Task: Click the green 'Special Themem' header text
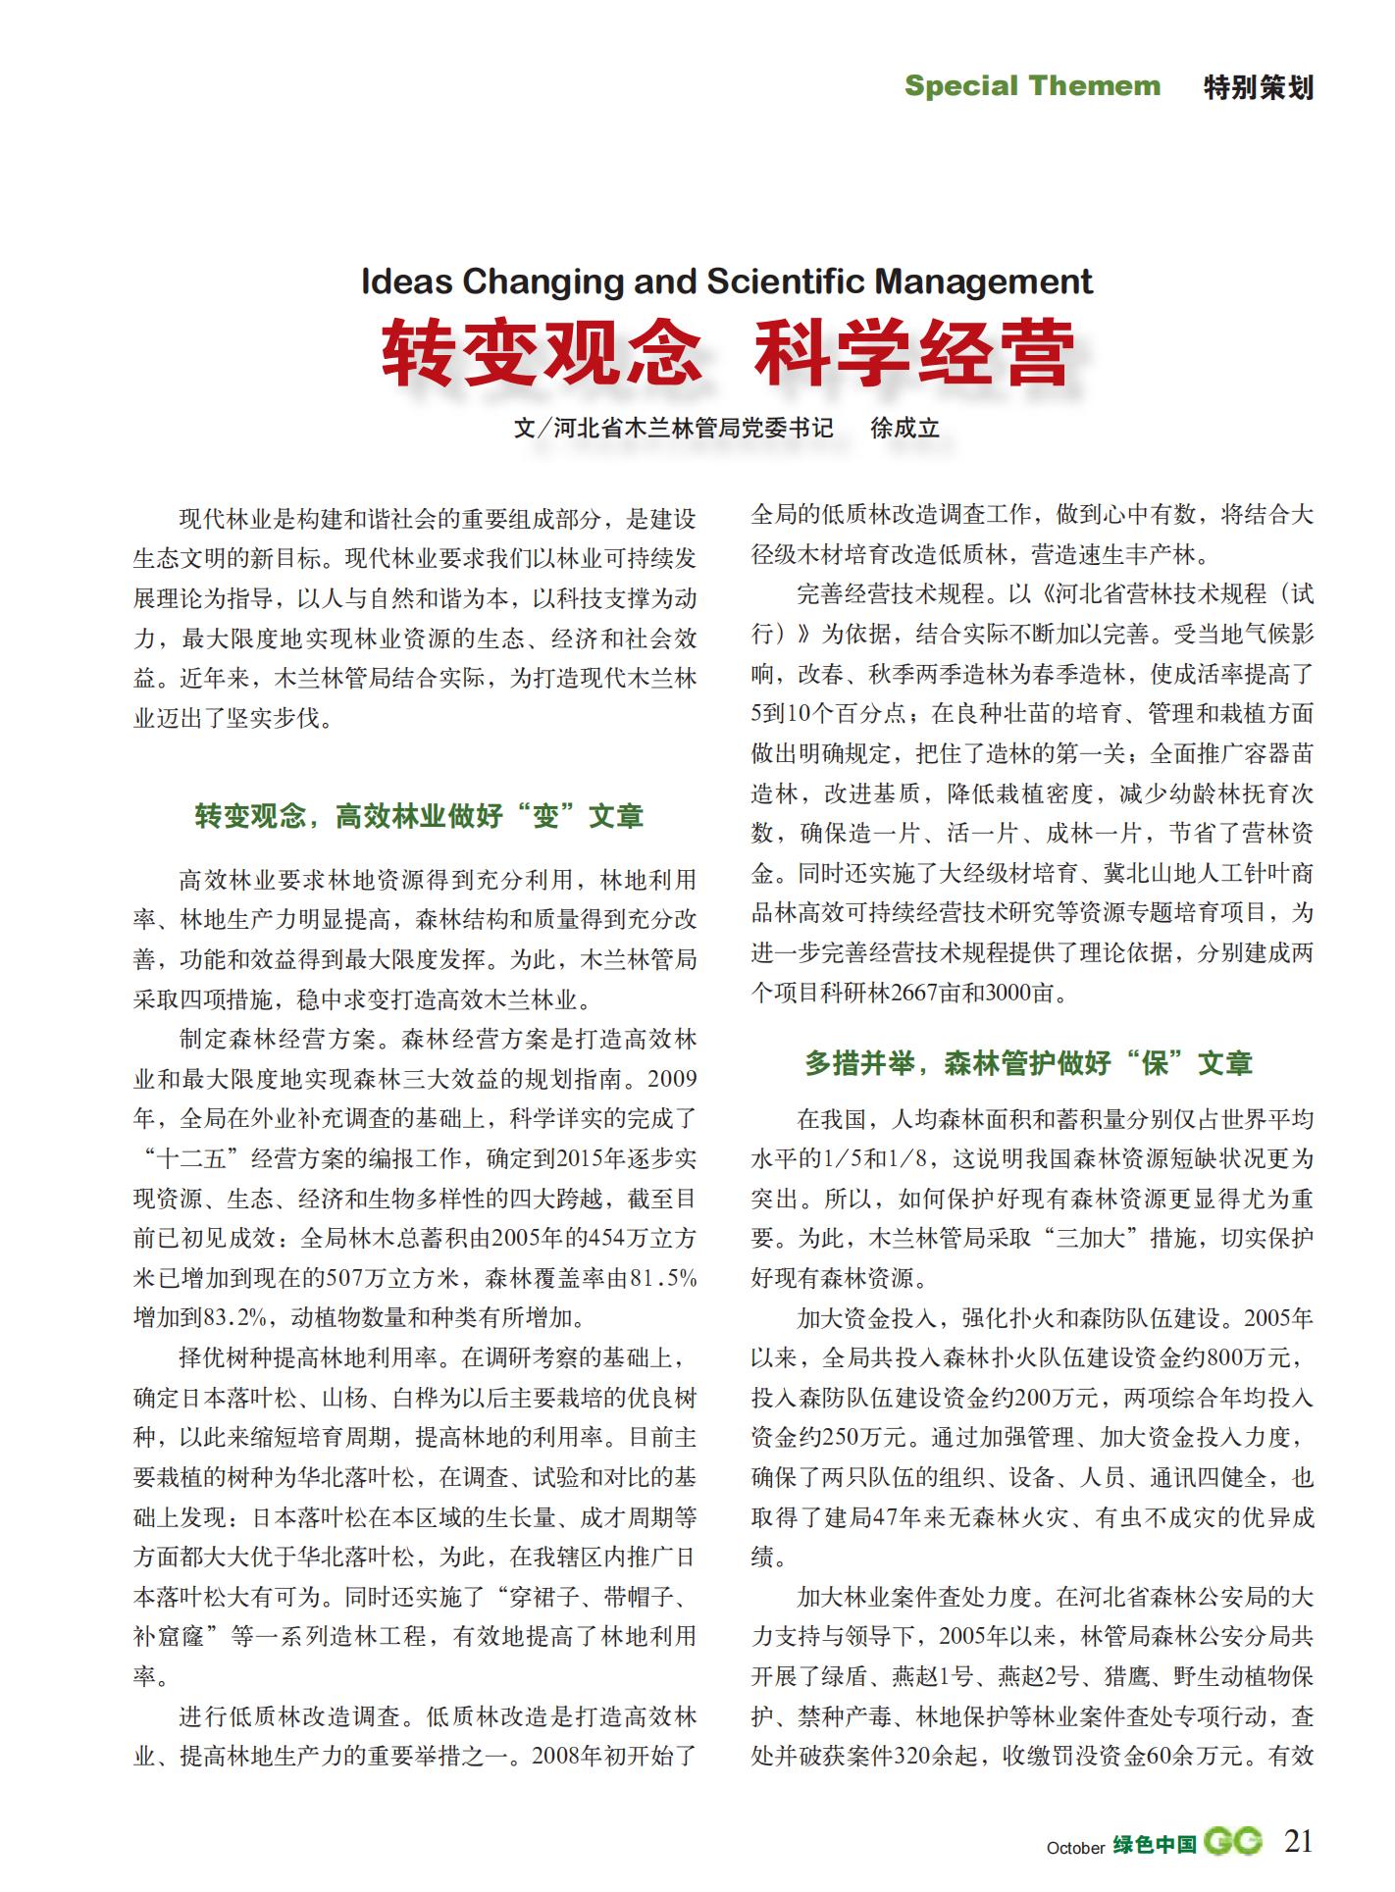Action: [1031, 86]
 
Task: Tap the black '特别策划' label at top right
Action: [1258, 87]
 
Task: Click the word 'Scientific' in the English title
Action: [786, 281]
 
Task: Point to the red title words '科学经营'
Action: [913, 352]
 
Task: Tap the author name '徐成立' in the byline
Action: [904, 429]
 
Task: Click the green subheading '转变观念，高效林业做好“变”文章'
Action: [419, 816]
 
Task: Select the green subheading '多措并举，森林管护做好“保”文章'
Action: [1028, 1063]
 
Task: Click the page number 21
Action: [1298, 1841]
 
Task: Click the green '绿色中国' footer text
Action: [1155, 1844]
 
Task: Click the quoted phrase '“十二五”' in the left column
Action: [192, 1158]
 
